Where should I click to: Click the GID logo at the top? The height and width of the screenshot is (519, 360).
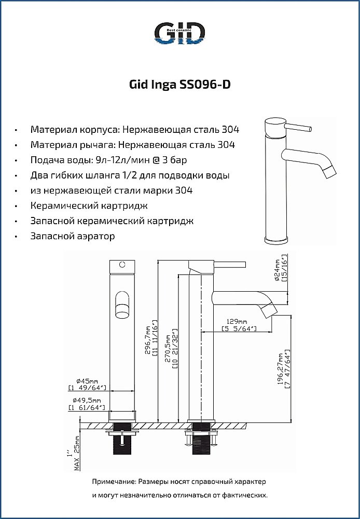coord(180,33)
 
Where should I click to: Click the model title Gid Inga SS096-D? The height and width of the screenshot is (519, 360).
coord(179,85)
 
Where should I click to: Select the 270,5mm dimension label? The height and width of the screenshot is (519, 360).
coord(171,349)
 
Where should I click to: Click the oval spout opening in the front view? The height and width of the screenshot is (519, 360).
coord(122,305)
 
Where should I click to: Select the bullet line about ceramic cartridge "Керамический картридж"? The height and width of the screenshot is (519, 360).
coord(89,206)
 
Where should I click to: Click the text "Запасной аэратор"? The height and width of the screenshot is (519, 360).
coord(73,236)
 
